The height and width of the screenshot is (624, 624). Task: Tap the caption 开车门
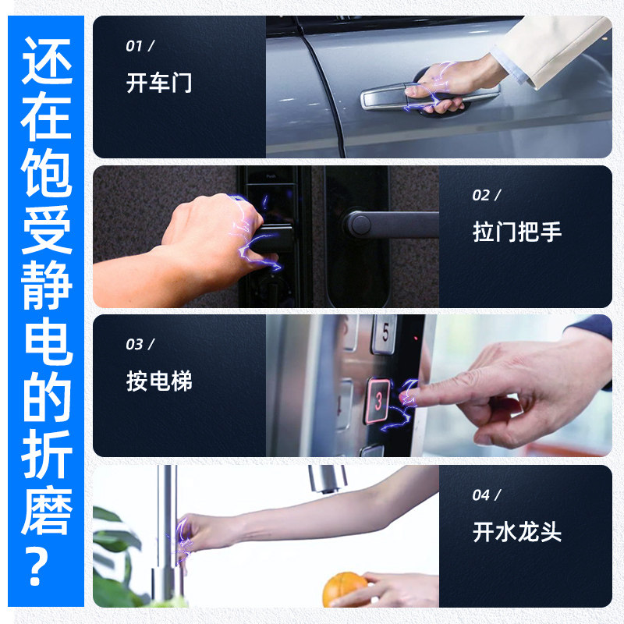click(x=159, y=83)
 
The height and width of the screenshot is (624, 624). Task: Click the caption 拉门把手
click(x=517, y=232)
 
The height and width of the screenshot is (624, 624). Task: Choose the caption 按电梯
click(x=159, y=381)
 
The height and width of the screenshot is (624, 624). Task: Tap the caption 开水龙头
click(x=517, y=532)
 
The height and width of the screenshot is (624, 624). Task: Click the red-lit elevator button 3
click(x=378, y=401)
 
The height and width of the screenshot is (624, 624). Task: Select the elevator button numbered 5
click(x=384, y=334)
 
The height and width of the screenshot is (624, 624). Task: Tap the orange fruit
click(x=345, y=590)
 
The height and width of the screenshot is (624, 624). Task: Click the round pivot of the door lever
click(x=360, y=225)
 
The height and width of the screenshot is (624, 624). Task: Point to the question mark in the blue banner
click(x=37, y=566)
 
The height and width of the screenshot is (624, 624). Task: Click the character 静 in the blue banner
click(x=46, y=285)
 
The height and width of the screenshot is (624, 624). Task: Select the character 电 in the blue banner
click(x=48, y=341)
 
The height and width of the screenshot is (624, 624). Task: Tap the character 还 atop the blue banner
click(x=47, y=61)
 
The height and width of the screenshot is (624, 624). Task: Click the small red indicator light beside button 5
click(x=416, y=339)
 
